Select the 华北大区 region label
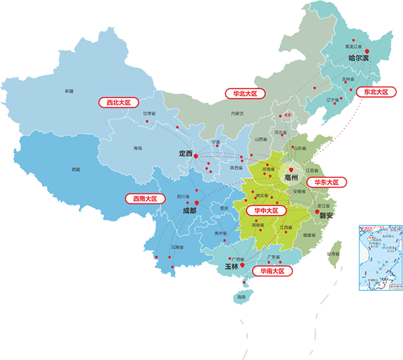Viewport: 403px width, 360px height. [x=245, y=93]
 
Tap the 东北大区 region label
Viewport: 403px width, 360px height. [x=376, y=91]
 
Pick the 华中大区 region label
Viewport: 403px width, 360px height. [x=266, y=210]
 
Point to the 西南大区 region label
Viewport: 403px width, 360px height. [x=145, y=199]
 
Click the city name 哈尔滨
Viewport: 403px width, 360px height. [x=359, y=59]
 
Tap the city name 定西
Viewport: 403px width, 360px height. [x=185, y=154]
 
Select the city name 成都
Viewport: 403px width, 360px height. [x=189, y=210]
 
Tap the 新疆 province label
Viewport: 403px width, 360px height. [x=69, y=91]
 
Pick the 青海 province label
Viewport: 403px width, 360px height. [x=138, y=147]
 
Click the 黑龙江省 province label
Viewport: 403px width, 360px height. [x=353, y=47]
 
